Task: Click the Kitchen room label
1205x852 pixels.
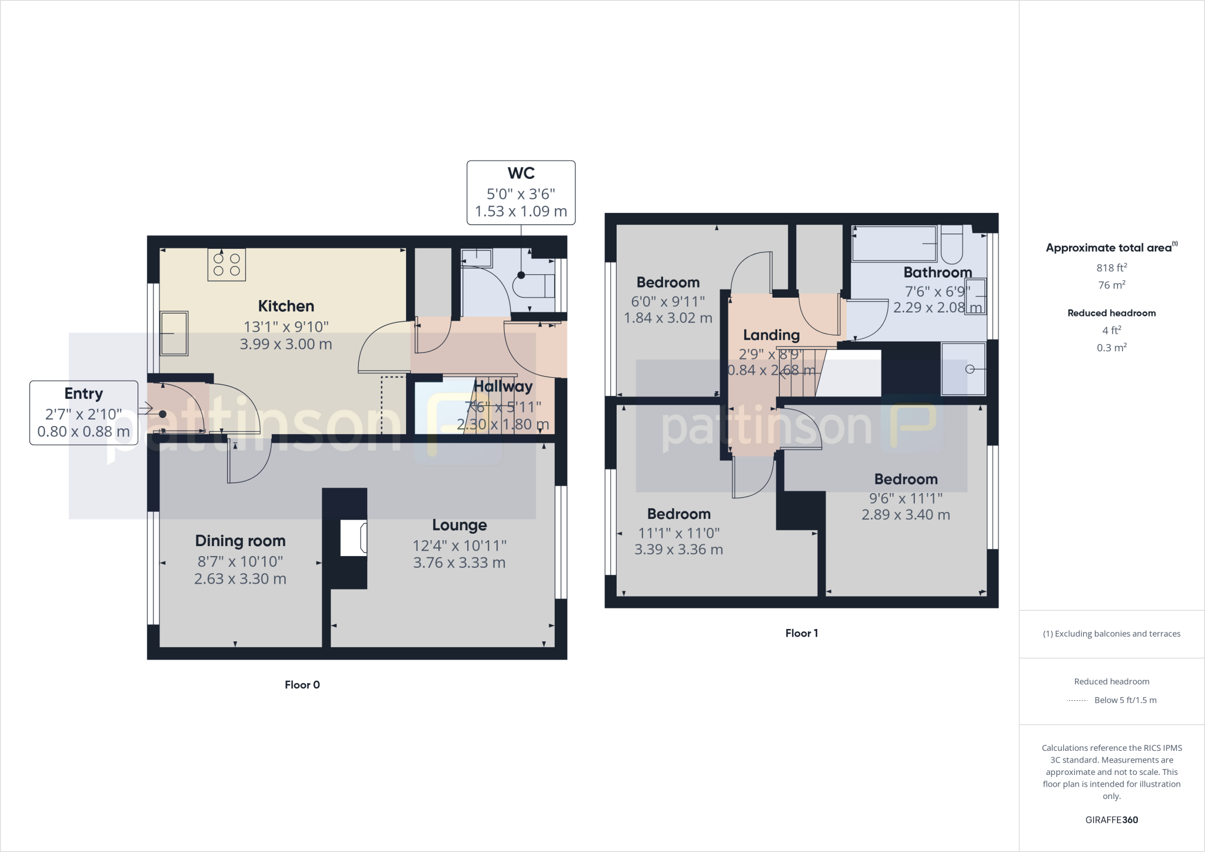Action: pyautogui.click(x=286, y=306)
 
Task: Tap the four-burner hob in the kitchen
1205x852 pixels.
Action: pyautogui.click(x=227, y=265)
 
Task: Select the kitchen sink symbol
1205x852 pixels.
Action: pyautogui.click(x=174, y=334)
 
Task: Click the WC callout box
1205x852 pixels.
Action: pyautogui.click(x=521, y=192)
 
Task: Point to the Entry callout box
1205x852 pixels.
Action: pyautogui.click(x=84, y=412)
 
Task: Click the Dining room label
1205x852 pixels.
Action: pyautogui.click(x=240, y=541)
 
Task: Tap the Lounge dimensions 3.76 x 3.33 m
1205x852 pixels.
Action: pyautogui.click(x=459, y=563)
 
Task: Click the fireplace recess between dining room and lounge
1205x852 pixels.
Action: pyautogui.click(x=354, y=538)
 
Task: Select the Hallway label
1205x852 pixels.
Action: pyautogui.click(x=502, y=387)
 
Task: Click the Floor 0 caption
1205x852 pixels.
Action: pyautogui.click(x=302, y=685)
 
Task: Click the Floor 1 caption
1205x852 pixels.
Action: pyautogui.click(x=801, y=633)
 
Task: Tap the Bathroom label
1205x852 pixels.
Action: pyautogui.click(x=937, y=272)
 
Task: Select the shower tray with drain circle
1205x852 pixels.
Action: pyautogui.click(x=963, y=369)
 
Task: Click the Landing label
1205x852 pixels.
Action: pyautogui.click(x=771, y=335)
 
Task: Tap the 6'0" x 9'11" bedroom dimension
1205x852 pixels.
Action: pyautogui.click(x=668, y=302)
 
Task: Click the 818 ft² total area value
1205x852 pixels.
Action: pyautogui.click(x=1111, y=268)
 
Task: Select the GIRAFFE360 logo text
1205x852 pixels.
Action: pyautogui.click(x=1111, y=820)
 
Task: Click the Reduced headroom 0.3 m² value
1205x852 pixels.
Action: pyautogui.click(x=1111, y=348)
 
